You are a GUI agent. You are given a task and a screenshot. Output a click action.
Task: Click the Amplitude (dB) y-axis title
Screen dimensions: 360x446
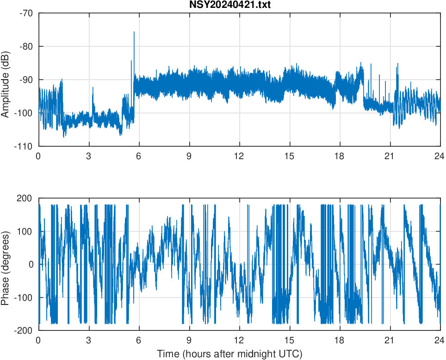click(5, 80)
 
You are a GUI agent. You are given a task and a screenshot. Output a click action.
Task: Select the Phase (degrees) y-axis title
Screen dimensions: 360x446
click(5, 264)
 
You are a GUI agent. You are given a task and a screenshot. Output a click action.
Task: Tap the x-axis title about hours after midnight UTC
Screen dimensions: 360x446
click(229, 354)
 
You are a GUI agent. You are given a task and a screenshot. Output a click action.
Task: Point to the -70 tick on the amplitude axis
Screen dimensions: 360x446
click(26, 13)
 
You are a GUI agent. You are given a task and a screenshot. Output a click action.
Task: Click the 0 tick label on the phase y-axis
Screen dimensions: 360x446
click(31, 265)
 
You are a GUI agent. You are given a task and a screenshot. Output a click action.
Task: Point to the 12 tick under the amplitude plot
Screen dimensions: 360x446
click(239, 156)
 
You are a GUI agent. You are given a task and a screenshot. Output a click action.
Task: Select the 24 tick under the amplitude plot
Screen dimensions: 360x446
click(440, 156)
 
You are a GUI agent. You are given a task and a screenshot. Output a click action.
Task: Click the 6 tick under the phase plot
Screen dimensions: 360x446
click(139, 340)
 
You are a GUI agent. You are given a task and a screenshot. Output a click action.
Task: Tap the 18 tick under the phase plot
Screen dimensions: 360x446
click(340, 340)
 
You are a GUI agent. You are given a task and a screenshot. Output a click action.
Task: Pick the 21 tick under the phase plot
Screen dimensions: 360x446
click(390, 340)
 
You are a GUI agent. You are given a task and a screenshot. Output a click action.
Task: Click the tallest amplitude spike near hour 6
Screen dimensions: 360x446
click(134, 32)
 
